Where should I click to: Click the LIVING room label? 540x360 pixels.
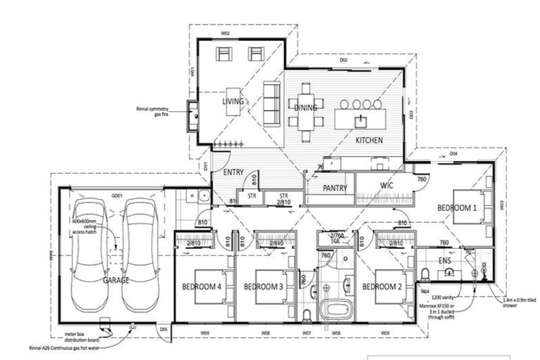[233, 102]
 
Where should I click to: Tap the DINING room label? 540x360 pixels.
[307, 108]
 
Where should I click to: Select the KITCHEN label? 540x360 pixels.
[368, 141]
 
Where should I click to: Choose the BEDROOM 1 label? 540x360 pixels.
[457, 208]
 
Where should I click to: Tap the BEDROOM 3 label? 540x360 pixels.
[263, 287]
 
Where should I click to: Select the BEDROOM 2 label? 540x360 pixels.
[382, 287]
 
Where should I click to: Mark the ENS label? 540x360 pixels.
[444, 261]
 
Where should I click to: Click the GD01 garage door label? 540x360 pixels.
[116, 195]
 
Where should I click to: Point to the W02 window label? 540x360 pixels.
[226, 32]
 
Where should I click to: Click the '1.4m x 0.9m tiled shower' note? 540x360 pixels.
[517, 302]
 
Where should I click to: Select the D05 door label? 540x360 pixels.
[163, 329]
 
